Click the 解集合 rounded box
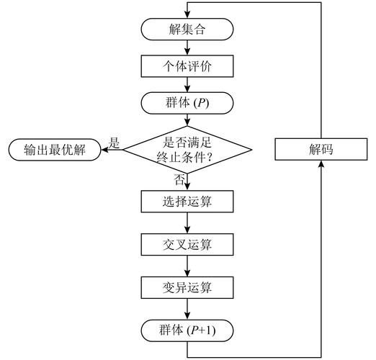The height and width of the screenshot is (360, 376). [187, 30]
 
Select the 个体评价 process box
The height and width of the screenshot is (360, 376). [187, 66]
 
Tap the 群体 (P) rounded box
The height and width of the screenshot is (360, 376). [187, 102]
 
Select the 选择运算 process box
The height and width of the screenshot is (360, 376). [187, 202]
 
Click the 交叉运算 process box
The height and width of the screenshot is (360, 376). [187, 245]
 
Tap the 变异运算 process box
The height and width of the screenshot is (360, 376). [187, 287]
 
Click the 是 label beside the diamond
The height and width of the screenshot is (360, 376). [113, 143]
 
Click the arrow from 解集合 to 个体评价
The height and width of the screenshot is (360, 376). [187, 48]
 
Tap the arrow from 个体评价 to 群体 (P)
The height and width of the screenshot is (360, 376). [187, 84]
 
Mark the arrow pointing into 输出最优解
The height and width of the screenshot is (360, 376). [111, 150]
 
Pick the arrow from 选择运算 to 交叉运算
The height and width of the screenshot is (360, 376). [187, 223]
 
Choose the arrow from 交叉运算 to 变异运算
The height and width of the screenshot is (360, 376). [187, 266]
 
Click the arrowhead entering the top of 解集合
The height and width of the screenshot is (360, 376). [187, 14]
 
